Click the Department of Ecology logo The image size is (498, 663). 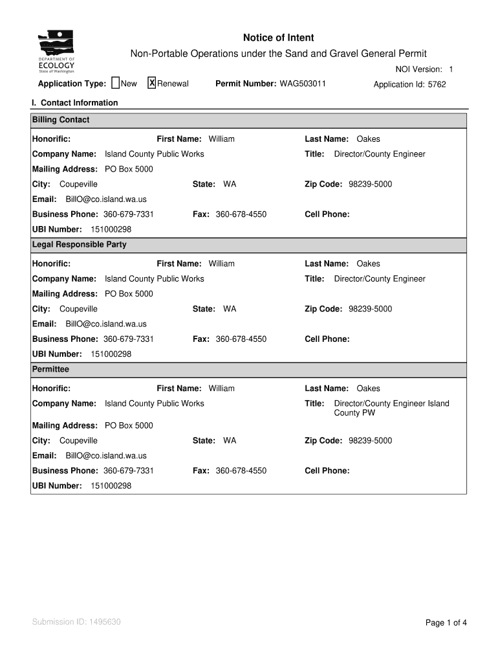click(56, 52)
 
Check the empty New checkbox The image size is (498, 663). click(115, 83)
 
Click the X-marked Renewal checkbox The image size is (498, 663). click(152, 83)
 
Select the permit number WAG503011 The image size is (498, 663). click(303, 84)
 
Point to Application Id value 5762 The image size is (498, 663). click(437, 84)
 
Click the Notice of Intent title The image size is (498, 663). click(278, 38)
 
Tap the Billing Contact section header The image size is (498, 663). click(61, 120)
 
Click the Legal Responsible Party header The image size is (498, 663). click(80, 245)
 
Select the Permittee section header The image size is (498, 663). click(50, 369)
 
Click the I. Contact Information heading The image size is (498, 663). click(75, 103)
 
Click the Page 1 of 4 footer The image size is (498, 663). click(446, 623)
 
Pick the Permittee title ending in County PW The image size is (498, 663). click(391, 408)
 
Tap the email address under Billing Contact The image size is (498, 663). click(106, 199)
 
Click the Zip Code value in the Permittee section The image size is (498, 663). click(370, 441)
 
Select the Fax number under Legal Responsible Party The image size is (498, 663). click(241, 339)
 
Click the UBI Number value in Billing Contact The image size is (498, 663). click(111, 229)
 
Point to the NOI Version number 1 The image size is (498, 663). click(451, 69)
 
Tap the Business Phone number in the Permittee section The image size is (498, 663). click(128, 471)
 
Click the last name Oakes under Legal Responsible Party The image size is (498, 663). click(368, 264)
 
